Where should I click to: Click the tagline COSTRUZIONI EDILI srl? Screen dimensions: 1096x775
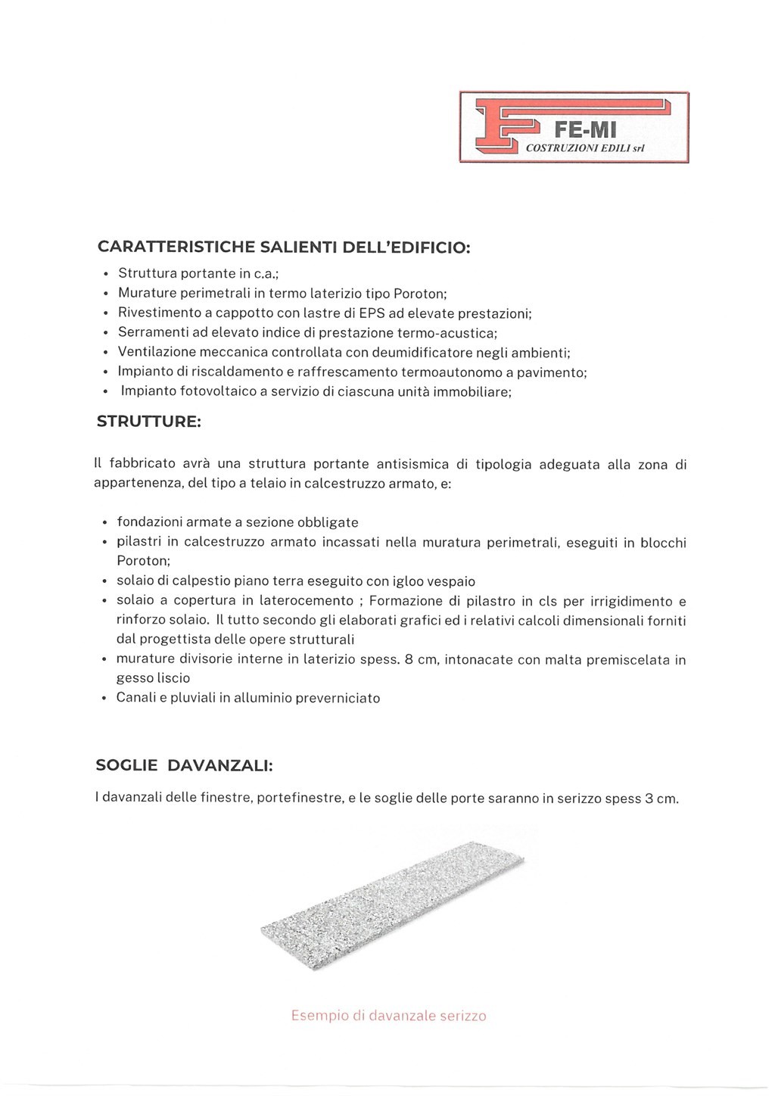click(x=584, y=148)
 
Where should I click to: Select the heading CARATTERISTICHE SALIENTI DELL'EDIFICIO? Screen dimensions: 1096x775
click(x=284, y=248)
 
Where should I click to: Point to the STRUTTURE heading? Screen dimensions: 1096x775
click(x=149, y=421)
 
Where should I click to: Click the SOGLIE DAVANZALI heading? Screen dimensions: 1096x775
click(x=184, y=765)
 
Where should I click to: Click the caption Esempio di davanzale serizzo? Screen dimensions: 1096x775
click(x=388, y=1016)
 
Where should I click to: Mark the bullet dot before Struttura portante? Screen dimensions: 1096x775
click(x=106, y=274)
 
